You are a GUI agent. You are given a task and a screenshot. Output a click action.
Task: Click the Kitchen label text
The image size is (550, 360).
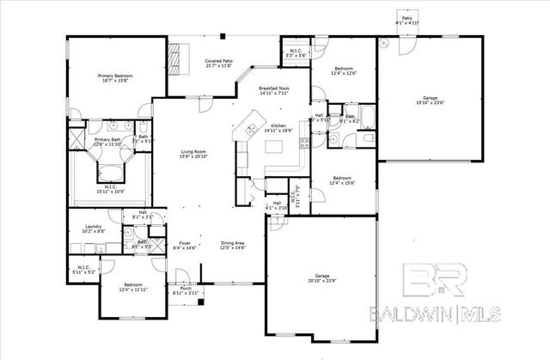point(278,126)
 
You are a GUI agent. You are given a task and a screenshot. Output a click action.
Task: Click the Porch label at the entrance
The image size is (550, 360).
point(185,290)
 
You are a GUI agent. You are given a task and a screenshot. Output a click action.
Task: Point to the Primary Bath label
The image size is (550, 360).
point(108,140)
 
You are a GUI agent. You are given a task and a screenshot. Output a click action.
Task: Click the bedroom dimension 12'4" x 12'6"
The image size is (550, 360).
point(344,72)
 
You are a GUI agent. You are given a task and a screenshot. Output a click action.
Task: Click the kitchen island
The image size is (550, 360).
point(278,148)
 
